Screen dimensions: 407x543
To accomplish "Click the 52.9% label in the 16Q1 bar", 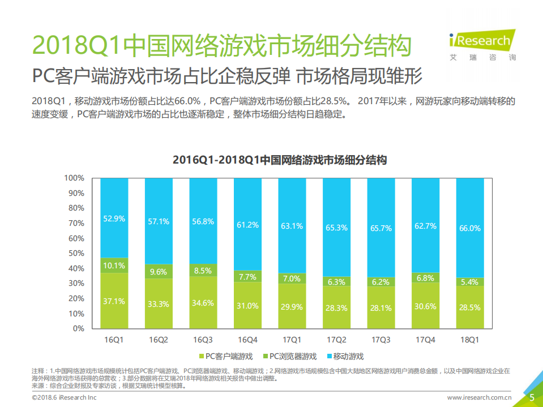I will pyautogui.click(x=114, y=218).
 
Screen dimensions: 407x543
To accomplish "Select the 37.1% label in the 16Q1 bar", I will pyautogui.click(x=114, y=302).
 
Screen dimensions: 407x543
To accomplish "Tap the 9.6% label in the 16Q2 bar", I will pyautogui.click(x=159, y=272).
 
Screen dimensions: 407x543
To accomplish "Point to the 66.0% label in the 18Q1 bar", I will pyautogui.click(x=469, y=228).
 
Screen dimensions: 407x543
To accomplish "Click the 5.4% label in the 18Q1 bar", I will pyautogui.click(x=469, y=281).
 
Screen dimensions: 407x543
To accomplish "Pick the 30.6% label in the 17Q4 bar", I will pyautogui.click(x=425, y=306).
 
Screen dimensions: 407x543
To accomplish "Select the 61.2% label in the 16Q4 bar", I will pyautogui.click(x=247, y=225).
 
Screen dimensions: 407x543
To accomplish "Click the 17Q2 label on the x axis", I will pyautogui.click(x=336, y=340).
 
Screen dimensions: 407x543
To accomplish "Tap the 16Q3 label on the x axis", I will pyautogui.click(x=203, y=340).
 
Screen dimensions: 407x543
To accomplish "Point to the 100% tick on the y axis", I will pyautogui.click(x=74, y=178).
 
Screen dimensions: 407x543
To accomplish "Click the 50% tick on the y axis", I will pyautogui.click(x=76, y=253).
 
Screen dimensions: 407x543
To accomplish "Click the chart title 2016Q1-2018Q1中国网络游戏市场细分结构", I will pyautogui.click(x=279, y=160).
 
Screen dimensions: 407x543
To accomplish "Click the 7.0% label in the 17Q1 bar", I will pyautogui.click(x=292, y=279).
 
